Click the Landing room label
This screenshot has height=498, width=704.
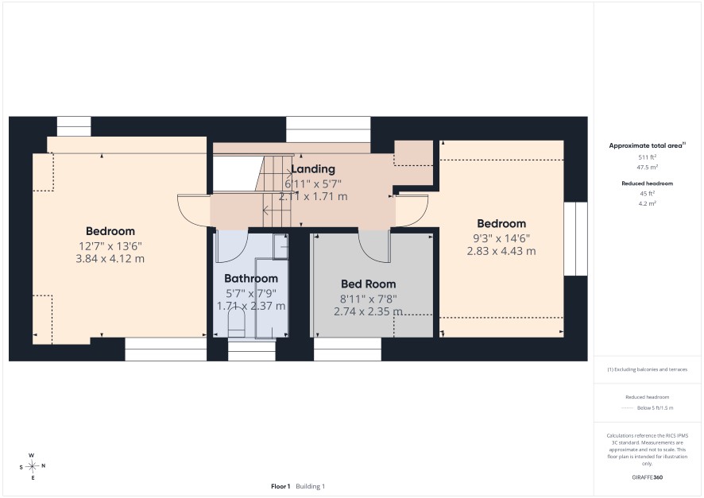(x=313, y=169)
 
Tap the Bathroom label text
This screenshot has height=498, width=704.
(x=251, y=279)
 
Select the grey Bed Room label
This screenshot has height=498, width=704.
(x=368, y=284)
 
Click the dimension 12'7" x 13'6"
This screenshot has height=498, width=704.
(x=110, y=246)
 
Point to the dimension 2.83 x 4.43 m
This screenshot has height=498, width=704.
(x=501, y=251)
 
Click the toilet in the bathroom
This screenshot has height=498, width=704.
(x=237, y=324)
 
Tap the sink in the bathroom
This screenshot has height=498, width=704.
(x=280, y=246)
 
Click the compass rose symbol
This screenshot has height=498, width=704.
(x=32, y=466)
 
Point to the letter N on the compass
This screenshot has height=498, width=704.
(x=44, y=465)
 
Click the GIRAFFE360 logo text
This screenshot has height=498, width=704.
(x=647, y=477)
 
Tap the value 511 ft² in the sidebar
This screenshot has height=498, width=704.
(x=647, y=157)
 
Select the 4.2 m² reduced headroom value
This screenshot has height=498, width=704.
(x=647, y=203)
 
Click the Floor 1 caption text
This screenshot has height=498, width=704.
(x=280, y=486)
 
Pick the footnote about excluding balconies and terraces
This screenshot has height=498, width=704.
(x=647, y=369)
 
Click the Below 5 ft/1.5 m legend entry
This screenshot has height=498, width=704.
(x=655, y=407)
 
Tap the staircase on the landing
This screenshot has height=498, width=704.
(x=275, y=191)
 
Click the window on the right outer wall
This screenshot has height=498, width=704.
(x=575, y=239)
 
